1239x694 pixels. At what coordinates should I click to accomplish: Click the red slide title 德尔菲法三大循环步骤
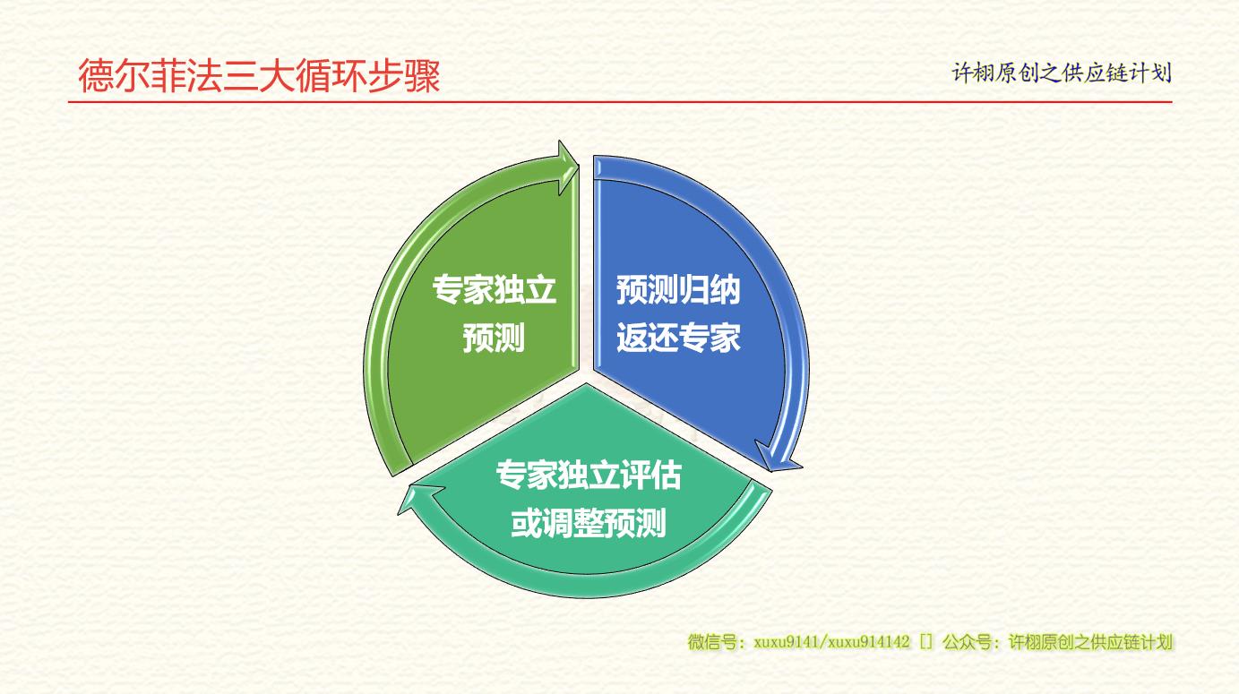(x=259, y=76)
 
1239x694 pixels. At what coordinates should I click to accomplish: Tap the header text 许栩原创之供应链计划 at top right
(x=1062, y=73)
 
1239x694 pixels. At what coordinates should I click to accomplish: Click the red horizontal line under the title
(x=620, y=102)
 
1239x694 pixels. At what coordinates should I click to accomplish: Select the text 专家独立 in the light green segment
(x=494, y=289)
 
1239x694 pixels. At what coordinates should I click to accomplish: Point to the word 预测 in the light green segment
(x=494, y=338)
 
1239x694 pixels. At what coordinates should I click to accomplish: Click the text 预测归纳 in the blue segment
(x=678, y=289)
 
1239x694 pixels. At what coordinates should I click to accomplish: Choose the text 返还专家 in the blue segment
(x=678, y=338)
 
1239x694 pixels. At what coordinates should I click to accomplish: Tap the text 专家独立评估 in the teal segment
(x=589, y=475)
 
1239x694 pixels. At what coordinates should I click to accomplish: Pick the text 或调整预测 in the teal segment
(x=589, y=523)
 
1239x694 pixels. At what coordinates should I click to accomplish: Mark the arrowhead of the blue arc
(x=777, y=457)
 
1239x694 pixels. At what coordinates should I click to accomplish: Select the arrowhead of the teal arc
(x=418, y=499)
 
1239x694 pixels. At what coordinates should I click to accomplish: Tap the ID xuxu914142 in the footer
(x=869, y=642)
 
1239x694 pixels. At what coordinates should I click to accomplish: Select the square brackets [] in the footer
(x=926, y=642)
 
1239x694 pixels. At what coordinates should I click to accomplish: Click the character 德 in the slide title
(x=96, y=76)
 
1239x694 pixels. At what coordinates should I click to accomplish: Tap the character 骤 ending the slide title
(x=423, y=76)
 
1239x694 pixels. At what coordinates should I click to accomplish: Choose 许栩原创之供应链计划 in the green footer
(x=1090, y=642)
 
